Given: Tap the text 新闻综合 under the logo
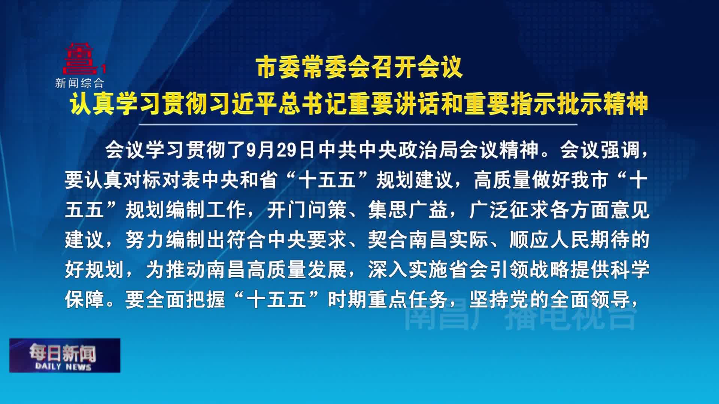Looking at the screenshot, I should pos(79,83).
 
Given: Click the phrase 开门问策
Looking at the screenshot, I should pos(307,210).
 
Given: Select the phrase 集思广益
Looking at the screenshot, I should pos(408,210).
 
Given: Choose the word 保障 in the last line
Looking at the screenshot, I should pos(85,300).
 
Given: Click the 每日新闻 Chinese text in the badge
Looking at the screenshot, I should pos(63,353).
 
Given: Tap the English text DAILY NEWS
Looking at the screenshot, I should pos(63,367).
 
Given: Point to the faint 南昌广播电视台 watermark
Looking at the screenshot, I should pos(521,318).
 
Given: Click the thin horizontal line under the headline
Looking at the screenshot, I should pos(358,124).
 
